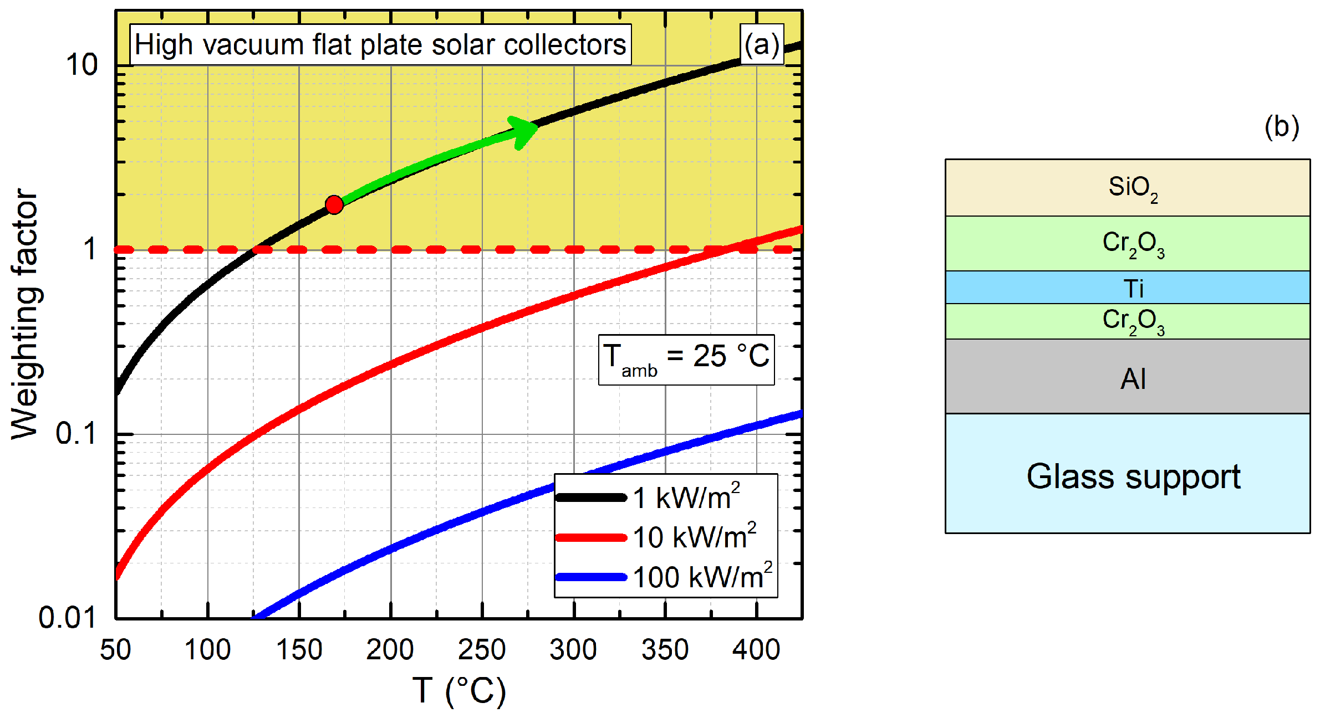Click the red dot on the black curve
click(x=334, y=205)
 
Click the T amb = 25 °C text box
click(x=686, y=359)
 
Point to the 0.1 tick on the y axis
click(x=77, y=433)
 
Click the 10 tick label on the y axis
click(x=81, y=65)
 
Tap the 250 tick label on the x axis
click(x=481, y=650)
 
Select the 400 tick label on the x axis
click(x=756, y=650)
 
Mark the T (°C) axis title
click(x=459, y=691)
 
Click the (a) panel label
click(x=762, y=44)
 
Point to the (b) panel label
click(x=1282, y=127)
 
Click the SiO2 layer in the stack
click(x=1128, y=187)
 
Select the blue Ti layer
click(x=1128, y=287)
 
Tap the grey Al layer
click(x=1128, y=377)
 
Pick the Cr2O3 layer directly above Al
click(x=1128, y=321)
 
